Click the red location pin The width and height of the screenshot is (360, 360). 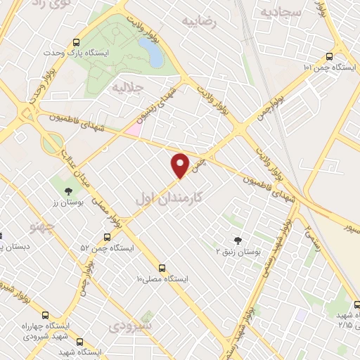(181, 165)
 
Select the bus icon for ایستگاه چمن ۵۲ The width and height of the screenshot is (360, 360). (107, 238)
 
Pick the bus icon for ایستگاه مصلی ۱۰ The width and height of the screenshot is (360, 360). (163, 268)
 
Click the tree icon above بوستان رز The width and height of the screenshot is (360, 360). (67, 191)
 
